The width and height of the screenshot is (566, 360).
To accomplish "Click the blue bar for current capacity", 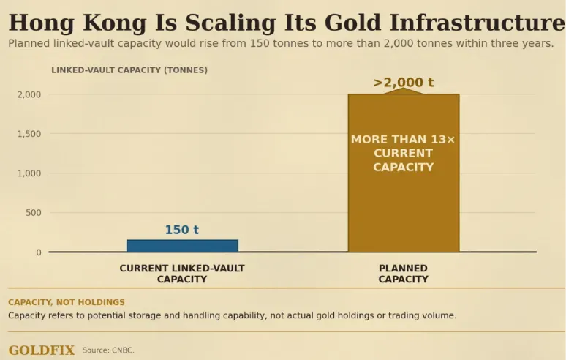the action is [182, 246].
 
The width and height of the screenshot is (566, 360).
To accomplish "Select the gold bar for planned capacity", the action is [404, 173].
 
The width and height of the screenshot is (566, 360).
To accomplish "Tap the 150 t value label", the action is [182, 230].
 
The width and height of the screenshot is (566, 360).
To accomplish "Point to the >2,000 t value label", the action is [403, 83].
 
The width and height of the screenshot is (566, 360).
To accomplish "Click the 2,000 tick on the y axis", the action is [29, 94].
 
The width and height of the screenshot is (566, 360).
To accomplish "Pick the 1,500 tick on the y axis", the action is [29, 134].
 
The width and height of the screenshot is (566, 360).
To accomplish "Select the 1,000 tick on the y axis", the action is [29, 173].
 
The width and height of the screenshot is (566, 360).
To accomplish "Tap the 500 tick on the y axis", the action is [33, 213].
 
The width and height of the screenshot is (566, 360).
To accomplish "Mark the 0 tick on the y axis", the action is [39, 252].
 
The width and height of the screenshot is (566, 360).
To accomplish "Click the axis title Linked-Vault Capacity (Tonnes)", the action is [129, 70].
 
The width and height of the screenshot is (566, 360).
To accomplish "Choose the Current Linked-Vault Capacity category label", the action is [182, 274].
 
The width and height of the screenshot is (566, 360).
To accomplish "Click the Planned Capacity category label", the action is [403, 274].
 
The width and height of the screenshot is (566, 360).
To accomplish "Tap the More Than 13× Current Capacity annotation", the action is [403, 153].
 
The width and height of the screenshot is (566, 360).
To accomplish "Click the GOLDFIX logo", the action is [42, 350].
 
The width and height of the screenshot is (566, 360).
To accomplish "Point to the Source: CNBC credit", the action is [108, 350].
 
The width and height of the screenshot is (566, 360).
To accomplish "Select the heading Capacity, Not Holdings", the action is [67, 302].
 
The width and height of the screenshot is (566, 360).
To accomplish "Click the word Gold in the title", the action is [352, 23].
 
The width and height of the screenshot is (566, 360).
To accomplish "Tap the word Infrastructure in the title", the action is [478, 23].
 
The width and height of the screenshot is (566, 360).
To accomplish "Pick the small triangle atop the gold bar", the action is [403, 91].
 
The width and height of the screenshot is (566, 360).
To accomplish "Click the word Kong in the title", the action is [115, 23].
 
